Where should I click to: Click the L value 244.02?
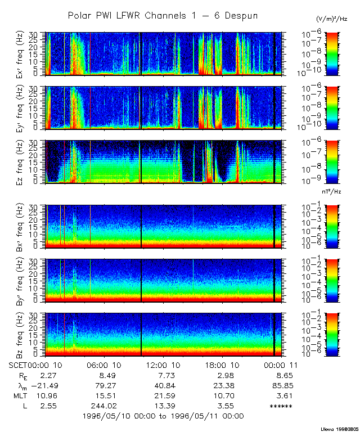click(104, 406)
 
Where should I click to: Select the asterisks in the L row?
click(281, 406)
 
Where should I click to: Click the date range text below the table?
click(163, 416)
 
